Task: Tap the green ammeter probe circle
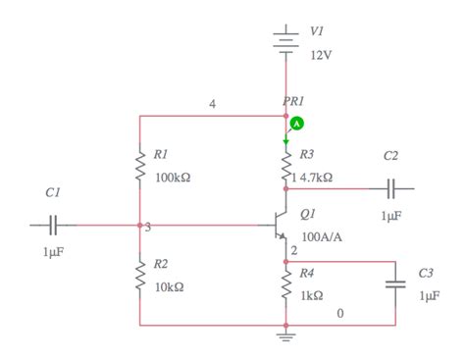coord(298,124)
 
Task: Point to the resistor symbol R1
coord(139,166)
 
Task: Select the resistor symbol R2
coord(139,276)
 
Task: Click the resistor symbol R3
coord(285,161)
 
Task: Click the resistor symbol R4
coord(285,285)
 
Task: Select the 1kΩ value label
coord(311,295)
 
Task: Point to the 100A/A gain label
coord(320,236)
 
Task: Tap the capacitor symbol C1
coord(53,225)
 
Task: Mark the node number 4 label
coord(212,104)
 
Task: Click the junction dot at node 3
coord(139,225)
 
